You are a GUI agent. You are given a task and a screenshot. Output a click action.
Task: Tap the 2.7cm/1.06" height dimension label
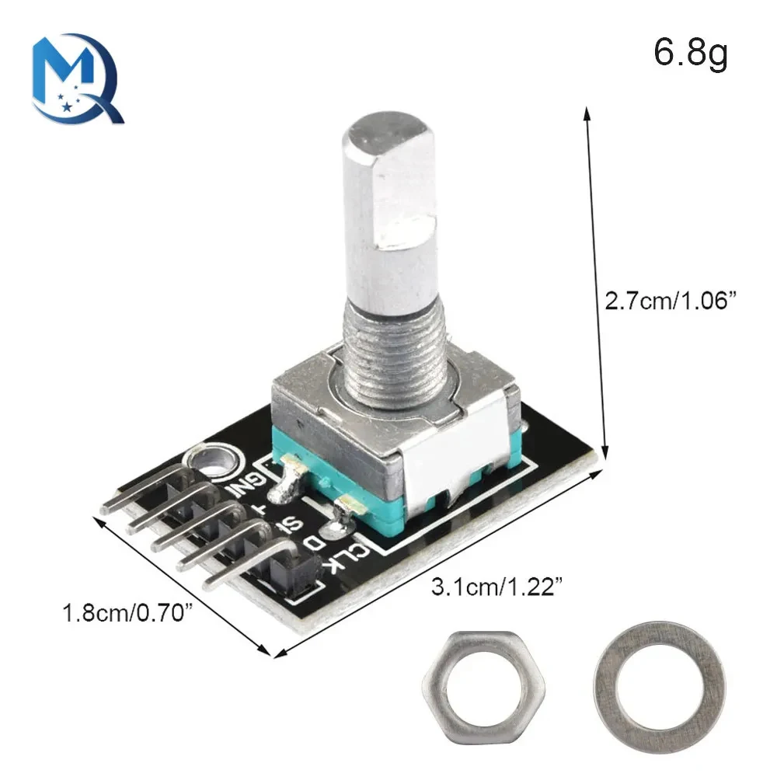click(x=670, y=300)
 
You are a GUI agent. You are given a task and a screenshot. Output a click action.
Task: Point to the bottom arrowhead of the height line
click(x=605, y=454)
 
